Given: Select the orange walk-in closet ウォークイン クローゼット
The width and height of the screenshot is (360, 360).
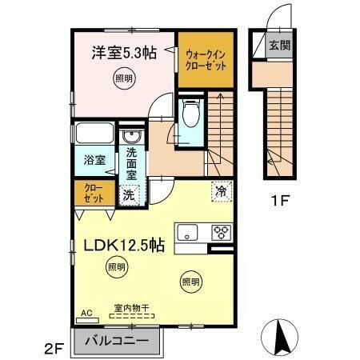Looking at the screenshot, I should pos(206,60).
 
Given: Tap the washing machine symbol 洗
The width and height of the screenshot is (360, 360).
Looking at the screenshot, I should pos(129,194).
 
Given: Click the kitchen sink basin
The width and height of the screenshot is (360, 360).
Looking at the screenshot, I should pos(188,234).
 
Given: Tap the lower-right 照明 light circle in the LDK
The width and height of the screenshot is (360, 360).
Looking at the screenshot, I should pos(190,281).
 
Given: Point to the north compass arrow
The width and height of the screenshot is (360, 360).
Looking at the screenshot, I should pos(282,335).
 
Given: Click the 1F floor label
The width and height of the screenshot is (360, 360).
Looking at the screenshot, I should pos(279,201).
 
